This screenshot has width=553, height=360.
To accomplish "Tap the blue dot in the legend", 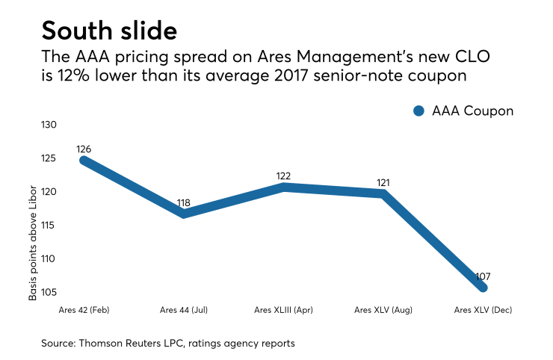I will [418, 111].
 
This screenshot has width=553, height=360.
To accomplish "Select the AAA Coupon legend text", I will [472, 111].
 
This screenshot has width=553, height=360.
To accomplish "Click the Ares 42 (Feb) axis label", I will [84, 309].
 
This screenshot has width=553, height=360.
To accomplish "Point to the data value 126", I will [84, 149].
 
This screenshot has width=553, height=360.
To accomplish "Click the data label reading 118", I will [183, 202].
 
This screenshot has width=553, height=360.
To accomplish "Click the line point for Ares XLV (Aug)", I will [383, 193].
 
